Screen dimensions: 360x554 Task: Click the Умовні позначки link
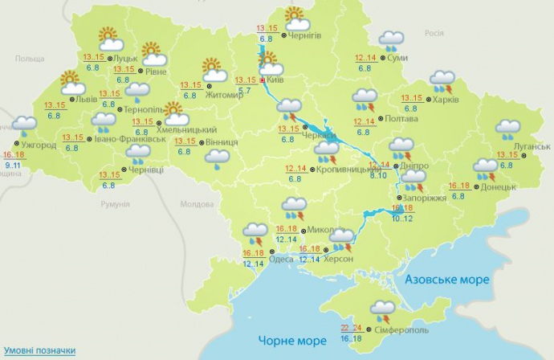tap(39, 351)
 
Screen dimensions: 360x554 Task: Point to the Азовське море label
tap(446, 279)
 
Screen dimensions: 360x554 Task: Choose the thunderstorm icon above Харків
tap(442, 80)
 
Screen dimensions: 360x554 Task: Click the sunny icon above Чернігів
tap(296, 15)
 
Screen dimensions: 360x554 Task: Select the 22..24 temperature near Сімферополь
tap(351, 328)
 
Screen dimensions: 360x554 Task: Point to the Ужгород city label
tap(38, 145)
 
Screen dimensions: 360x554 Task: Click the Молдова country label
tap(197, 204)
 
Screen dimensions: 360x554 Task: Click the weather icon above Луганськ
tap(507, 127)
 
